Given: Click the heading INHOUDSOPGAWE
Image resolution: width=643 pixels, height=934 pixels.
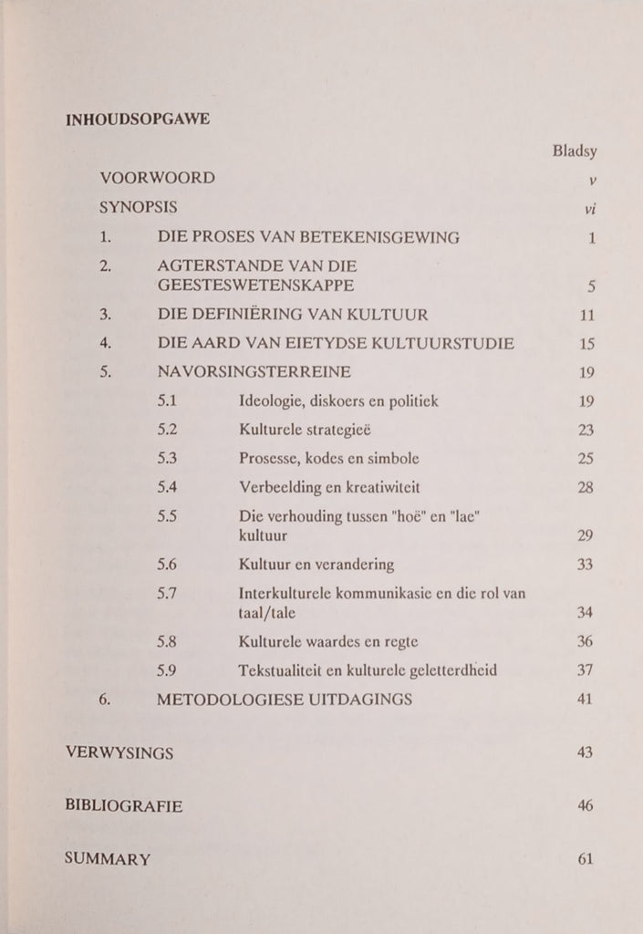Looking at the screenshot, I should pos(138,119).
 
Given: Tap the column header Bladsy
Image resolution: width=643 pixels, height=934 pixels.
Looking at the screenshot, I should pos(574,150).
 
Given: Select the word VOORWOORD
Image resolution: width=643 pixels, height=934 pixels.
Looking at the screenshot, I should pos(157,178).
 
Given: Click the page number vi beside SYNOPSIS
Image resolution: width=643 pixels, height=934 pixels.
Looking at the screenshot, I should pos(589,208).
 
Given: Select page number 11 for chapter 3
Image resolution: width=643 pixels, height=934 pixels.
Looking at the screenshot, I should pos(586,316).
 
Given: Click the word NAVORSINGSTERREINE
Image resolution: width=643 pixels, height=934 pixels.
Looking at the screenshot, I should pos(254,372).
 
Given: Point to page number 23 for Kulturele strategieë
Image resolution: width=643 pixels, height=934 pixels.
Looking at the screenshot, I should pos(586,430).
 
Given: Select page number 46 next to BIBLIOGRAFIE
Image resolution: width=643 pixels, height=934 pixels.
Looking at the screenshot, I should pos(586,805).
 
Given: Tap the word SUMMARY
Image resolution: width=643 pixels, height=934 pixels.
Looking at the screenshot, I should pos(109,859).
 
